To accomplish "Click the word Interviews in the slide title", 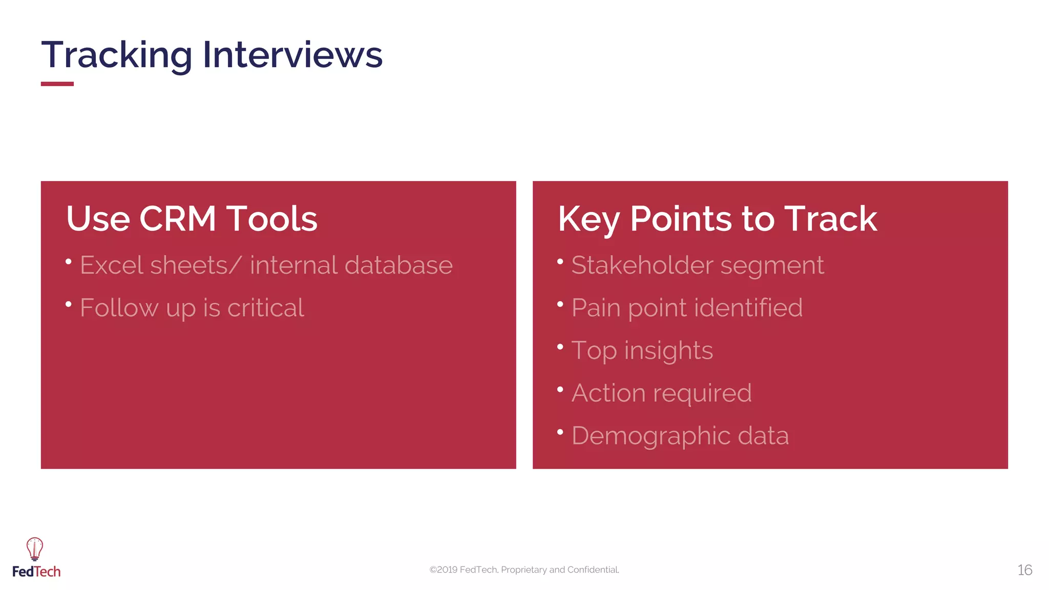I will (x=292, y=55).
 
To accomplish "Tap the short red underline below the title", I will (x=57, y=84).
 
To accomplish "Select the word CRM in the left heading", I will (x=178, y=219).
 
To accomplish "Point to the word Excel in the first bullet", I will (x=111, y=265).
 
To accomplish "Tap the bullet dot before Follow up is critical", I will (x=69, y=305).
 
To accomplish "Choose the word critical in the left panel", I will (x=265, y=308).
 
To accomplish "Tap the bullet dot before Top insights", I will (x=560, y=347).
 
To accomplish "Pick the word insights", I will (x=668, y=351).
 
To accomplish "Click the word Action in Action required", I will (x=608, y=393).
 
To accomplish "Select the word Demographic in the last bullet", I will (x=651, y=436).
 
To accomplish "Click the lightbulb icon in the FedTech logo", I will (x=35, y=549).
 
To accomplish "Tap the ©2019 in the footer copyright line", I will (x=444, y=570).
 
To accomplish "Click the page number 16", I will (x=1024, y=570).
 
